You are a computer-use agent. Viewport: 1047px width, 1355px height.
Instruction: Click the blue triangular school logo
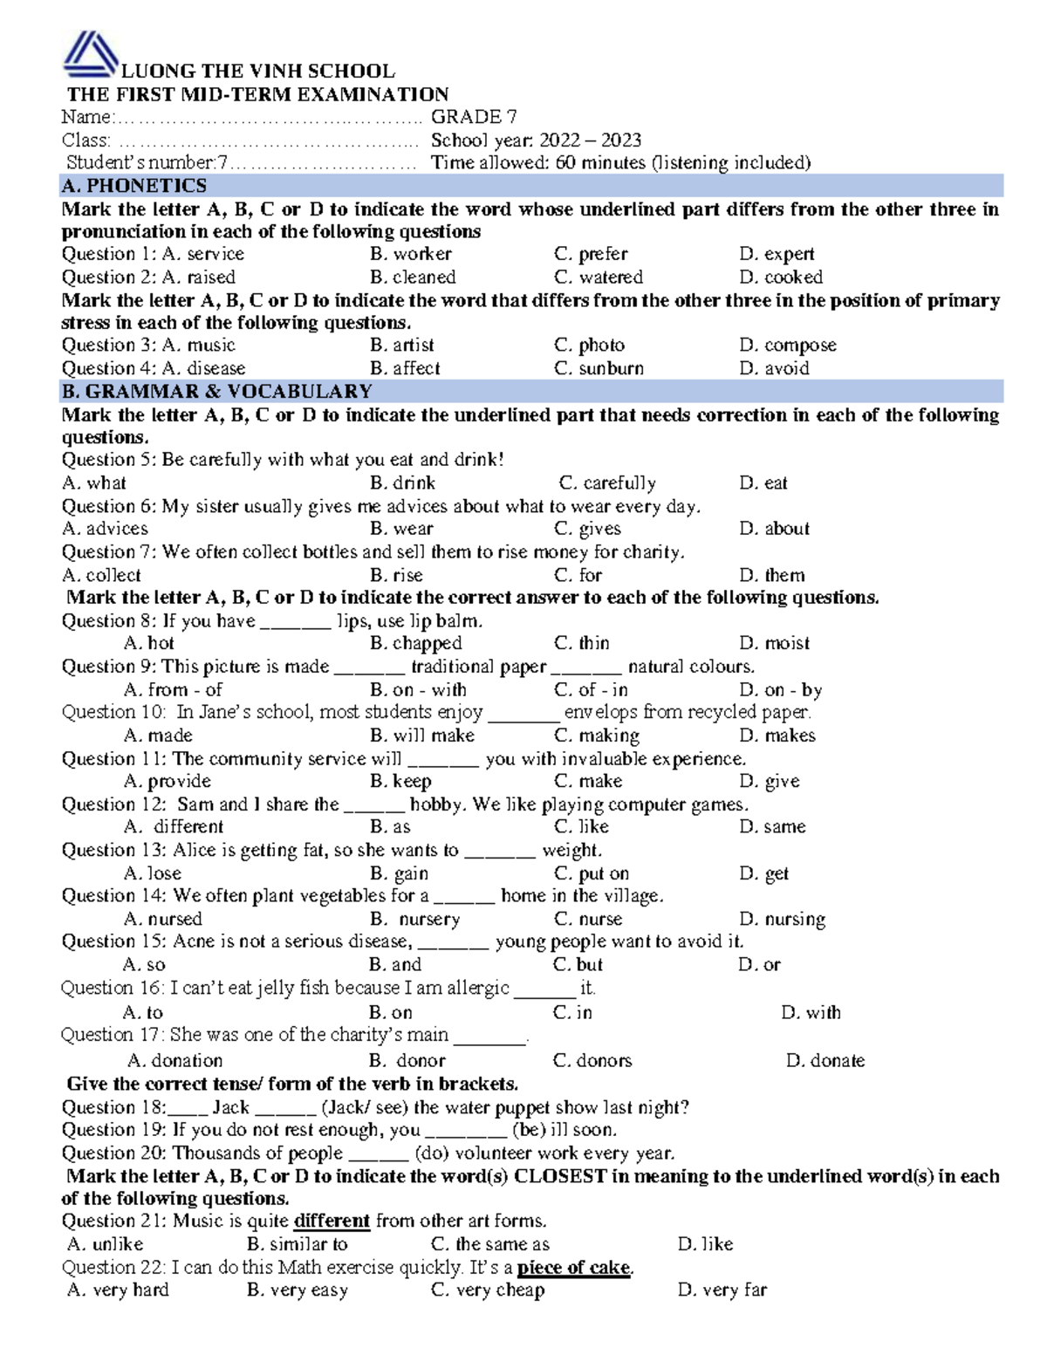click(x=90, y=54)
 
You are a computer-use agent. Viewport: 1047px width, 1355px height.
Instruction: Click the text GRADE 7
click(x=474, y=117)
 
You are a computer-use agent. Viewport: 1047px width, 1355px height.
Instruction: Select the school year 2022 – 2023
click(x=590, y=140)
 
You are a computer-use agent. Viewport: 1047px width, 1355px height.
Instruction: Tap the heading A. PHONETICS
click(x=134, y=186)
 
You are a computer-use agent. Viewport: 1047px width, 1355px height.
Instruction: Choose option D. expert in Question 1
click(x=777, y=254)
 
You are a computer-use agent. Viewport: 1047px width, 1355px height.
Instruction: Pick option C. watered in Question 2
click(x=599, y=277)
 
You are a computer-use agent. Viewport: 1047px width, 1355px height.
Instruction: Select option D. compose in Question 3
click(x=787, y=346)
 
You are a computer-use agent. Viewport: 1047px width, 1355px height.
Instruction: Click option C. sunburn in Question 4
click(x=599, y=368)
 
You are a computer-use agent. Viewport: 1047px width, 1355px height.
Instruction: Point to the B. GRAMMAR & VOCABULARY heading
click(x=217, y=392)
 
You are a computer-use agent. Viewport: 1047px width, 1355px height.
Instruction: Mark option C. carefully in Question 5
click(x=607, y=483)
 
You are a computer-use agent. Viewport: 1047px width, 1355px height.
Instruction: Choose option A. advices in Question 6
click(x=106, y=529)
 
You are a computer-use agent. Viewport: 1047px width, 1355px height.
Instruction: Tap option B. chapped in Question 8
click(x=415, y=643)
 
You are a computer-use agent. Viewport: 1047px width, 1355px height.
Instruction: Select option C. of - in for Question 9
click(x=591, y=689)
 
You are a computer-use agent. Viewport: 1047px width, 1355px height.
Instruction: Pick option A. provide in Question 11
click(x=168, y=781)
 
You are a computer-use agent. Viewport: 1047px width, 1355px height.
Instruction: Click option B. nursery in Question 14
click(x=415, y=919)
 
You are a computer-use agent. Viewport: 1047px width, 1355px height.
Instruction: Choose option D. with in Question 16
click(x=811, y=1012)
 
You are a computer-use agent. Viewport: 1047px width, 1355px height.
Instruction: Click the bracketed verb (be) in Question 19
click(x=529, y=1130)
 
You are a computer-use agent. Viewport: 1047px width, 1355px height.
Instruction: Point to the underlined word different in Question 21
click(x=332, y=1221)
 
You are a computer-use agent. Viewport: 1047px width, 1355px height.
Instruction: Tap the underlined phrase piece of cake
click(x=573, y=1267)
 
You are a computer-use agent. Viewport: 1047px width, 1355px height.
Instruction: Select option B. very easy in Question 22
click(x=298, y=1290)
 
